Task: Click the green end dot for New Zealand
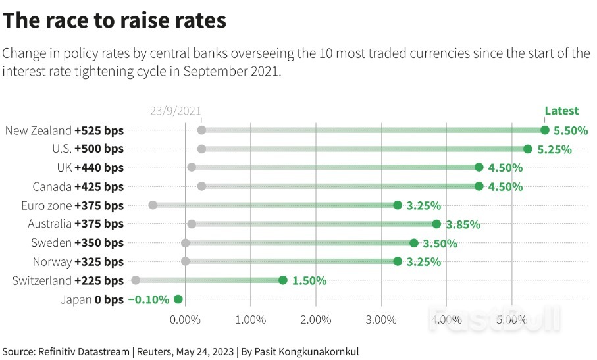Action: tap(544, 130)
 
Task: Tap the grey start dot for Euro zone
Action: tap(153, 205)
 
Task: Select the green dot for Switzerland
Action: tap(283, 280)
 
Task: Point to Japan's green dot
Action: tap(178, 299)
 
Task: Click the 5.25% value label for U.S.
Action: tap(554, 149)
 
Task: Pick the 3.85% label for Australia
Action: tap(463, 224)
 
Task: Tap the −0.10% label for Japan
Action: tap(149, 299)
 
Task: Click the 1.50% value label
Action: tap(309, 280)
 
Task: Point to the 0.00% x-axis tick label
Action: tap(185, 320)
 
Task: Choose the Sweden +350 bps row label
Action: tap(78, 243)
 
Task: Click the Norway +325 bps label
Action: tap(78, 262)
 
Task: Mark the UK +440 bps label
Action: tap(90, 168)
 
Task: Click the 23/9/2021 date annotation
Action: tap(175, 111)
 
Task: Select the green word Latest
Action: tap(561, 111)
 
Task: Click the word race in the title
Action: tap(72, 21)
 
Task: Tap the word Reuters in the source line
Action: tap(155, 351)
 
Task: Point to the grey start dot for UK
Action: tap(192, 168)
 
